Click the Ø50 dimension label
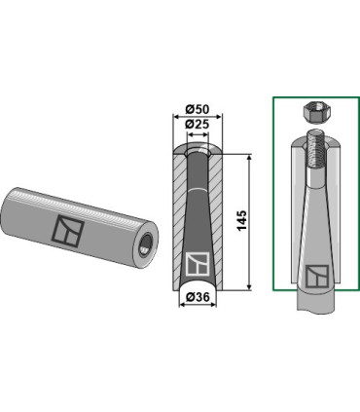tap(198, 109)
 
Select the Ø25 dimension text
tap(198, 124)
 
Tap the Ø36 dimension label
tap(198, 297)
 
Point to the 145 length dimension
tap(242, 220)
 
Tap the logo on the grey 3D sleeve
tap(68, 230)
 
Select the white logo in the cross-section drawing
tap(198, 264)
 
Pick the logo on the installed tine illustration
tap(317, 277)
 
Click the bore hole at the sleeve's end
tap(146, 245)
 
